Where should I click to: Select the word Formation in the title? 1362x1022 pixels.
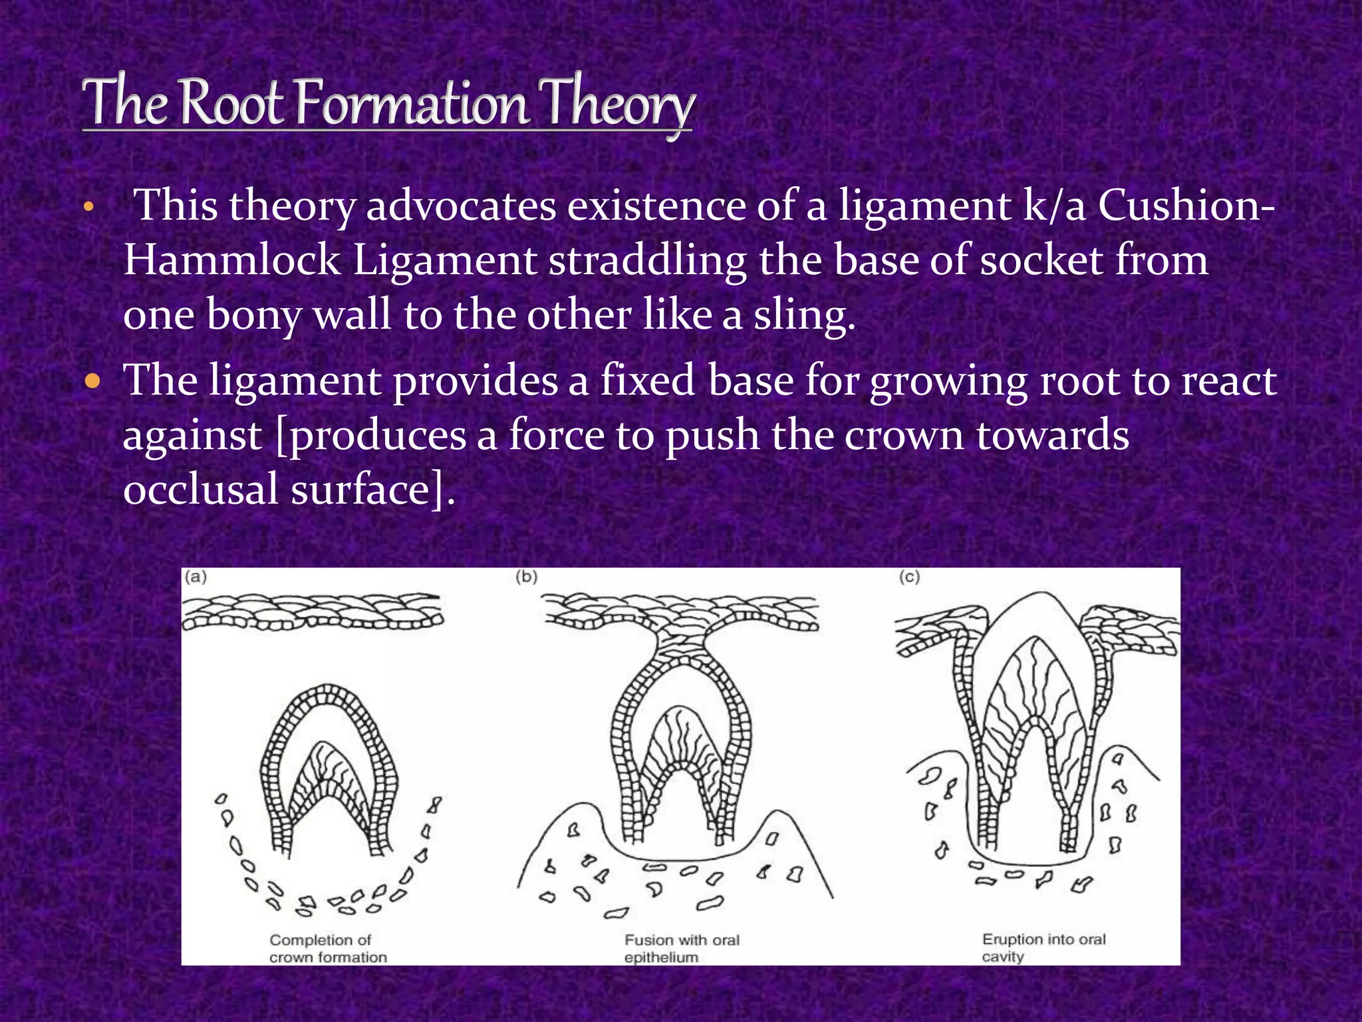(x=412, y=103)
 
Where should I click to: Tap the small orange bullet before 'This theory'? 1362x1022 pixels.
(x=88, y=209)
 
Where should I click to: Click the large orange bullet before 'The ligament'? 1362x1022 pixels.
(x=93, y=383)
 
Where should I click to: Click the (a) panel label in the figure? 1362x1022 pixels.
(x=196, y=577)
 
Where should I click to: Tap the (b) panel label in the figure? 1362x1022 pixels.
(x=527, y=577)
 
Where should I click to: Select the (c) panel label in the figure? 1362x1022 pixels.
(x=910, y=577)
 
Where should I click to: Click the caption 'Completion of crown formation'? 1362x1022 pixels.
(x=327, y=948)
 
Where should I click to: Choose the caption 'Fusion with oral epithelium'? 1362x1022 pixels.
(x=681, y=948)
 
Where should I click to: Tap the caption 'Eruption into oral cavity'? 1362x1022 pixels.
(x=1043, y=947)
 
